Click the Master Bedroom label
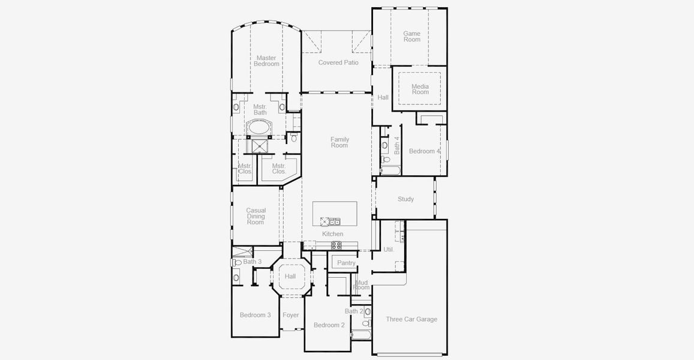tap(266, 61)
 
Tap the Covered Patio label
tap(338, 62)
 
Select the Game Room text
tap(411, 37)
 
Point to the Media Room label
tap(420, 89)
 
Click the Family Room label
tap(340, 142)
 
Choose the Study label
tap(405, 199)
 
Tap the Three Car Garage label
tap(411, 319)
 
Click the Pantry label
tap(346, 263)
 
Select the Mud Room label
tap(361, 285)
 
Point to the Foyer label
tap(291, 315)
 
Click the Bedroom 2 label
tap(329, 325)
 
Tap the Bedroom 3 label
tap(256, 315)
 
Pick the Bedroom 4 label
tap(425, 151)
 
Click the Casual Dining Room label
tap(256, 216)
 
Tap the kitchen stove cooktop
tap(337, 245)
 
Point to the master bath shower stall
tap(260, 146)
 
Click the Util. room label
tap(389, 249)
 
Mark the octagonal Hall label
tap(290, 277)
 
